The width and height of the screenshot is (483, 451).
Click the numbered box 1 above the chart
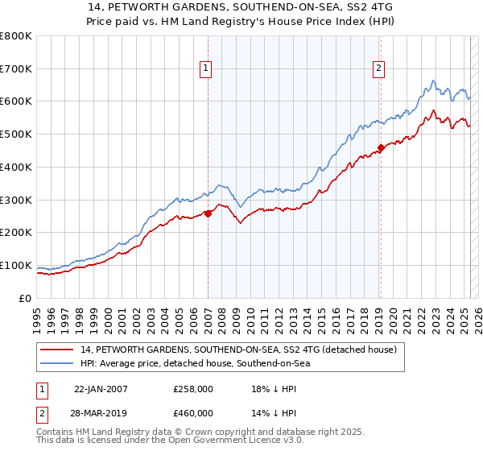207,69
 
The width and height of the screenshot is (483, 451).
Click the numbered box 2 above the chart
378,69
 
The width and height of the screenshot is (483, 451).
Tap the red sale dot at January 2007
208,213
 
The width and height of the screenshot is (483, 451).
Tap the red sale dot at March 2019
381,147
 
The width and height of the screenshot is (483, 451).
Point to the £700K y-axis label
16,69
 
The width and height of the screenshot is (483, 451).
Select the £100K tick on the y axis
16,266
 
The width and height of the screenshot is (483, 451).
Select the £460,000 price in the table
193,413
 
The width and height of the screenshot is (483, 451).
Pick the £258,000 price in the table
193,389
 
